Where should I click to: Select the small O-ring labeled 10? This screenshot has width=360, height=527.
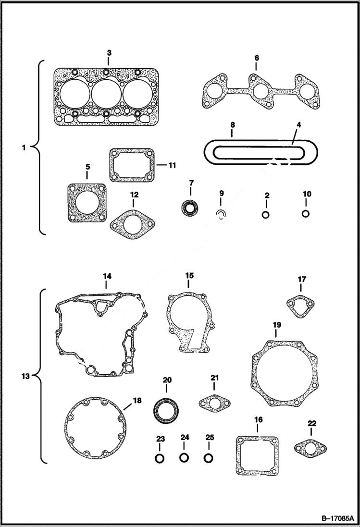point(306,213)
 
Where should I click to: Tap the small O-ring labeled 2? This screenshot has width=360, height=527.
point(266,214)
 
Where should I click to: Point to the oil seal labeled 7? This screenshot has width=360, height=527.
point(190,208)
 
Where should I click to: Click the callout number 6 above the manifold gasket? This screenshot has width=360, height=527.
point(257,58)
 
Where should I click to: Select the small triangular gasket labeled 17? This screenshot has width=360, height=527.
point(301,306)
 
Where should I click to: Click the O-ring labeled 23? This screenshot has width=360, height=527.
point(160,458)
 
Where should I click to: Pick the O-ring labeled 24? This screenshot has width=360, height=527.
point(184,457)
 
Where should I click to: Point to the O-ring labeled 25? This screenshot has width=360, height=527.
point(209,458)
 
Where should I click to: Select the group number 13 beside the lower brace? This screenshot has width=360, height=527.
point(25,376)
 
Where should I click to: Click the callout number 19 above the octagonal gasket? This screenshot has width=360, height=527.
point(277,325)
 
